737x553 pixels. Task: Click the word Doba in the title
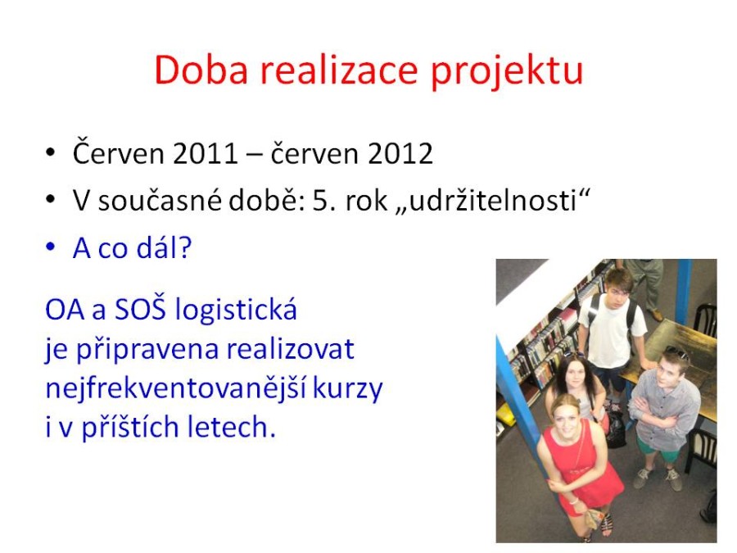pyautogui.click(x=201, y=70)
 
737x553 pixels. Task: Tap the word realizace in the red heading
pyautogui.click(x=339, y=70)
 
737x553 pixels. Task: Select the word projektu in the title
pyautogui.click(x=507, y=73)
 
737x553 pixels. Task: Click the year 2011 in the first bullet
pyautogui.click(x=206, y=154)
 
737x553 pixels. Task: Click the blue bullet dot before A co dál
pyautogui.click(x=50, y=247)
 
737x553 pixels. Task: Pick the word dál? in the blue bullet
pyautogui.click(x=164, y=247)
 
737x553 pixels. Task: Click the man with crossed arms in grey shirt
pyautogui.click(x=663, y=414)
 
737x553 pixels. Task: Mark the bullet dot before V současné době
pyautogui.click(x=50, y=200)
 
